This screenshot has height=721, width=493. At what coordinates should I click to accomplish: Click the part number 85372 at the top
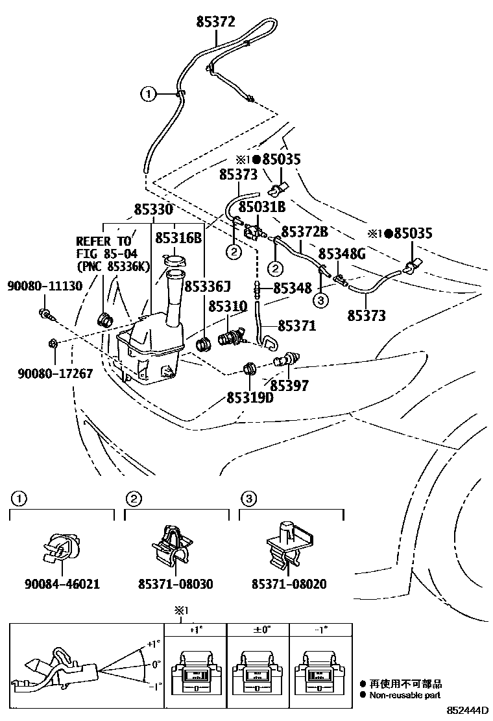(217, 22)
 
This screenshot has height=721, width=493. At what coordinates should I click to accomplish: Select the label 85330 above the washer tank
(154, 210)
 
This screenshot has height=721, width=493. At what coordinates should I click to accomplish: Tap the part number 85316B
(178, 238)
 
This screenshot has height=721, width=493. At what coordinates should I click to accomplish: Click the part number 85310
(227, 305)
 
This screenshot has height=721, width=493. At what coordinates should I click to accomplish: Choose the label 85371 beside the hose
(297, 325)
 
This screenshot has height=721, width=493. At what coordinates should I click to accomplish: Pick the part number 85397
(289, 385)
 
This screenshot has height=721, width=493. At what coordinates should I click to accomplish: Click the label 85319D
(250, 397)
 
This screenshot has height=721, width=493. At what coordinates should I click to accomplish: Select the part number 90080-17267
(55, 373)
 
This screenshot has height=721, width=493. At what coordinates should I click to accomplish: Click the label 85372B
(304, 231)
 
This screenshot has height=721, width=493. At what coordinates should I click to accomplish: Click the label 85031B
(262, 207)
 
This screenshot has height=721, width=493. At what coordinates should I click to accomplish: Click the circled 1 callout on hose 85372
(149, 95)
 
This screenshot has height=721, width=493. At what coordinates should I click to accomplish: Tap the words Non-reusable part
(405, 694)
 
